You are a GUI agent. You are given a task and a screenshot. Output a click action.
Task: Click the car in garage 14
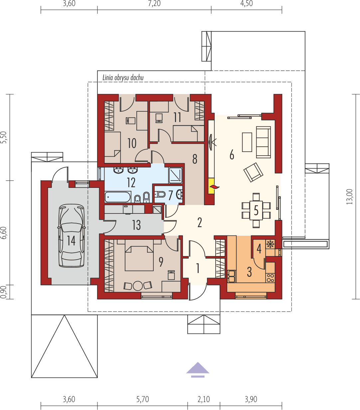tap(72, 235)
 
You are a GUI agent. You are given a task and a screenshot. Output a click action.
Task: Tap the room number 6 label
tap(232, 154)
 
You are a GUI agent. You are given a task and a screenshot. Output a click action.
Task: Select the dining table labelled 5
tap(256, 210)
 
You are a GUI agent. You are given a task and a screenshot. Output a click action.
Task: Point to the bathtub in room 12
tap(118, 197)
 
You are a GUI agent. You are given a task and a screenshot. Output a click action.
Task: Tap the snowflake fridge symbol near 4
tap(271, 244)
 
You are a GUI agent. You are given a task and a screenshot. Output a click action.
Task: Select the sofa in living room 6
tap(263, 142)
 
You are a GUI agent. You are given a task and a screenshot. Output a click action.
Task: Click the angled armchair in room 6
tap(253, 172)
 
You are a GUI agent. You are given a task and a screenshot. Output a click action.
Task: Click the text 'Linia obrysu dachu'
tap(123, 78)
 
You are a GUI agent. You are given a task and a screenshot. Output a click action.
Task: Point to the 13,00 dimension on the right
tap(349, 196)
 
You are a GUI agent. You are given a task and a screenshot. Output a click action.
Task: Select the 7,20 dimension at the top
tap(154, 4)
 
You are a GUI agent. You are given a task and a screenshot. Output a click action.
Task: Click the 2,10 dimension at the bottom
tap(204, 399)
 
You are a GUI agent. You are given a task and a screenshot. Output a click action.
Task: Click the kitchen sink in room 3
tap(231, 275)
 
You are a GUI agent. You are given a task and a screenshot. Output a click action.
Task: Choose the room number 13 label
tap(136, 225)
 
